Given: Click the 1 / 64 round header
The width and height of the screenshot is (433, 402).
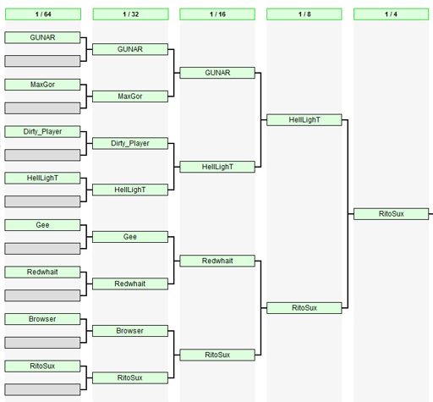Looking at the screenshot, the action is pyautogui.click(x=43, y=14).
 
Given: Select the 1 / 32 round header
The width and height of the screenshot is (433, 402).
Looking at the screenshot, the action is pyautogui.click(x=130, y=14).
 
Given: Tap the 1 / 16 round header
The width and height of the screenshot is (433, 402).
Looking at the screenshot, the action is pyautogui.click(x=217, y=14).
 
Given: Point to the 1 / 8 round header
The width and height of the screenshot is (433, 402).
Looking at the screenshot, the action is pyautogui.click(x=304, y=14).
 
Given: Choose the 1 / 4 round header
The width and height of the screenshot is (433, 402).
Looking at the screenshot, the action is pyautogui.click(x=391, y=14).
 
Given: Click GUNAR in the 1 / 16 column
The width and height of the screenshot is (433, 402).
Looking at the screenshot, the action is pyautogui.click(x=217, y=73).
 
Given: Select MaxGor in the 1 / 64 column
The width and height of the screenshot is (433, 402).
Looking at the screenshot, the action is pyautogui.click(x=42, y=85).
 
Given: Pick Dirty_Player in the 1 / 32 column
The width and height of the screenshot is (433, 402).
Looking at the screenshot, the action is pyautogui.click(x=130, y=143).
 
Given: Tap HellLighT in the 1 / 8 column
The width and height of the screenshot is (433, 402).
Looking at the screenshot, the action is pyautogui.click(x=304, y=120).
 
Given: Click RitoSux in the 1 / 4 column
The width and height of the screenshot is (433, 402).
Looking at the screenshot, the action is pyautogui.click(x=391, y=214).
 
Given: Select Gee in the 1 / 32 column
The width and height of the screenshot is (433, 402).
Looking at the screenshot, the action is pyautogui.click(x=130, y=237).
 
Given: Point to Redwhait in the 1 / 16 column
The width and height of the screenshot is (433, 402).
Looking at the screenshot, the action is pyautogui.click(x=217, y=261).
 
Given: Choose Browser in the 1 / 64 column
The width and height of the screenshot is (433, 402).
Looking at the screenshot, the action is pyautogui.click(x=42, y=319).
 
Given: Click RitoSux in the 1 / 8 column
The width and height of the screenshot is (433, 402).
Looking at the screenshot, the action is pyautogui.click(x=304, y=308).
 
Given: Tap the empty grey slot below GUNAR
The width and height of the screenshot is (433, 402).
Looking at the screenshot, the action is pyautogui.click(x=42, y=61).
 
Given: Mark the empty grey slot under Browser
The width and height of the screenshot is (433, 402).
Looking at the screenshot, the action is pyautogui.click(x=42, y=343).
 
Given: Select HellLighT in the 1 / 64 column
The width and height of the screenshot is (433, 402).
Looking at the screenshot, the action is pyautogui.click(x=42, y=178).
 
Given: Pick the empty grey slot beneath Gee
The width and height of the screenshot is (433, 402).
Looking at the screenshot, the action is pyautogui.click(x=42, y=249).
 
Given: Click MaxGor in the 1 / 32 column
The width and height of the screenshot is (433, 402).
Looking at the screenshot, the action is pyautogui.click(x=130, y=96).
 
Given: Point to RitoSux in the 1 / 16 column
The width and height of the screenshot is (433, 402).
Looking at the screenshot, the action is pyautogui.click(x=217, y=355).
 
